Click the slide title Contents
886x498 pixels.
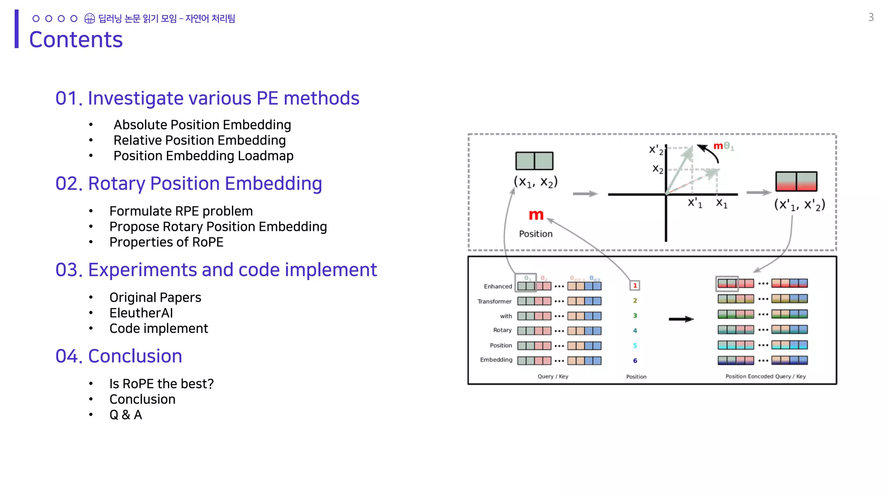click(76, 40)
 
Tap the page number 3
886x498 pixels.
click(871, 17)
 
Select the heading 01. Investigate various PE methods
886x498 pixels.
click(207, 98)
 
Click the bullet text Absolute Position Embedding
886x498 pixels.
click(202, 124)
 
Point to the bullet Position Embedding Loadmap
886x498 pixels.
click(203, 156)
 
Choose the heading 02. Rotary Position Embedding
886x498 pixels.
click(189, 183)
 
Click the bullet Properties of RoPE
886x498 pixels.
click(166, 242)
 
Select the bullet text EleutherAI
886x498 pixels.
click(141, 313)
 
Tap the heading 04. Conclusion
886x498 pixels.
click(119, 356)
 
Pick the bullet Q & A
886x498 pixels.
click(125, 415)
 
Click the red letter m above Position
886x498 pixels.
click(536, 215)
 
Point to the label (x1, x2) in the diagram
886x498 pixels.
click(536, 182)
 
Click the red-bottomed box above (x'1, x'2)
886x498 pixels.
click(796, 182)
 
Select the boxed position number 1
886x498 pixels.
click(635, 285)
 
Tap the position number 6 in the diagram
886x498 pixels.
click(635, 361)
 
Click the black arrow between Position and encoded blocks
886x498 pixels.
click(681, 319)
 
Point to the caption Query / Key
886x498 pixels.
click(553, 377)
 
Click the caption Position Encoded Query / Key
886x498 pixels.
click(765, 377)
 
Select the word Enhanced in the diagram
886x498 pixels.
click(498, 286)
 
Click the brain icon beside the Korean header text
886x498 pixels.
click(90, 19)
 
